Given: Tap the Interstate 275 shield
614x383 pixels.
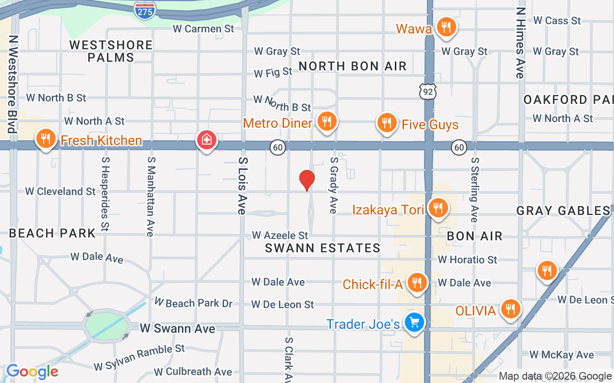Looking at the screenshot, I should coord(145,10).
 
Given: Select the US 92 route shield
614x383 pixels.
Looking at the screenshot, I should coord(427,91).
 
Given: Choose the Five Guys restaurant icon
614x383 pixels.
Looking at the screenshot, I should coord(387,123).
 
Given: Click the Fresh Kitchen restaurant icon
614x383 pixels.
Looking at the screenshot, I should coord(46,139).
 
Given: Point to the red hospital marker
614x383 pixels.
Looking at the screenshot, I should coord(207,140).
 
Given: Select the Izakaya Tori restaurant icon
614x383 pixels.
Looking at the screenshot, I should coord(437,208).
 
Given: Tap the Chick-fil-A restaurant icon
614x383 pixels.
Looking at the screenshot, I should coord(417,282).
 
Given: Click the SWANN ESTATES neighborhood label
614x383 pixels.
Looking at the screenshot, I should coord(323,248).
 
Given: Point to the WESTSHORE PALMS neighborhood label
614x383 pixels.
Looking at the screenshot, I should coord(111,51).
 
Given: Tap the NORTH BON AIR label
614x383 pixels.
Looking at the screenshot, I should coord(353,66).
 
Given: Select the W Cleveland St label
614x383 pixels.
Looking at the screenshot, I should coord(60,191).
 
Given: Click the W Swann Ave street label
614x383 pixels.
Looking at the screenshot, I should coord(177,328).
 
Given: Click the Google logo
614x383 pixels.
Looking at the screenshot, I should coord(32,372).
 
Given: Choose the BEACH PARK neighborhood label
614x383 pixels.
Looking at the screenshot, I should coord(53,233).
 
